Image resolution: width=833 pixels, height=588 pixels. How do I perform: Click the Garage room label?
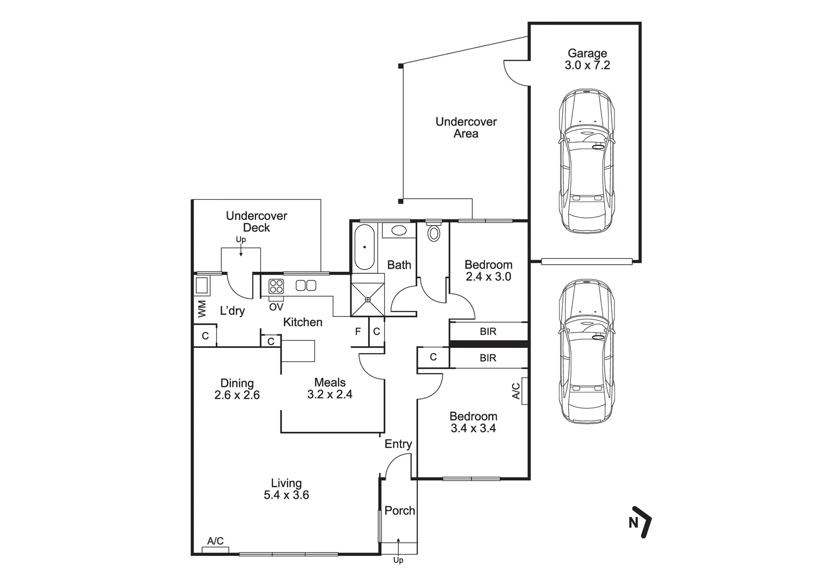point(587,53)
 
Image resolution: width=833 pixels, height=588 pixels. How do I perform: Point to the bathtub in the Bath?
point(364,247)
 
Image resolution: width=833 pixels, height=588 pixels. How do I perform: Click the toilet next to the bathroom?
point(434,232)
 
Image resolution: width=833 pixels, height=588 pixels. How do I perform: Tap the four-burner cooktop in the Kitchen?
point(276,286)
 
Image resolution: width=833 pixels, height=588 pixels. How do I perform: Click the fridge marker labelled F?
point(358,331)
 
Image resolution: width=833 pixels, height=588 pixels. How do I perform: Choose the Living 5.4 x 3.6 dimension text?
point(286,495)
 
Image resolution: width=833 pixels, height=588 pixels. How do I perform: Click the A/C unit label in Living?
point(215,541)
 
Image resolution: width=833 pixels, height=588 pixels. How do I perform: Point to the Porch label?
point(399,511)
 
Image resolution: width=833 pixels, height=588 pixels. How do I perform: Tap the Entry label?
point(398,444)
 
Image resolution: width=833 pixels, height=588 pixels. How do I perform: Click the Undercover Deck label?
point(256,222)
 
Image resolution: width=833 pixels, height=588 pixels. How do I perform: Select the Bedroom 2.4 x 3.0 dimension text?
point(488,277)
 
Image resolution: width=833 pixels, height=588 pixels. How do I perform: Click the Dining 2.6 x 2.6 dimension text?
point(237,395)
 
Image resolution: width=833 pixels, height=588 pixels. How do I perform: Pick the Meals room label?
point(330,383)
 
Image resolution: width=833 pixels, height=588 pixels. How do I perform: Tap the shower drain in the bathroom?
point(368,299)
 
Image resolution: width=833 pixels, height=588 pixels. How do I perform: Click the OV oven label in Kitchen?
point(276,307)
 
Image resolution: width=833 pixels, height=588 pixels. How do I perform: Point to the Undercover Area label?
point(466,127)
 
